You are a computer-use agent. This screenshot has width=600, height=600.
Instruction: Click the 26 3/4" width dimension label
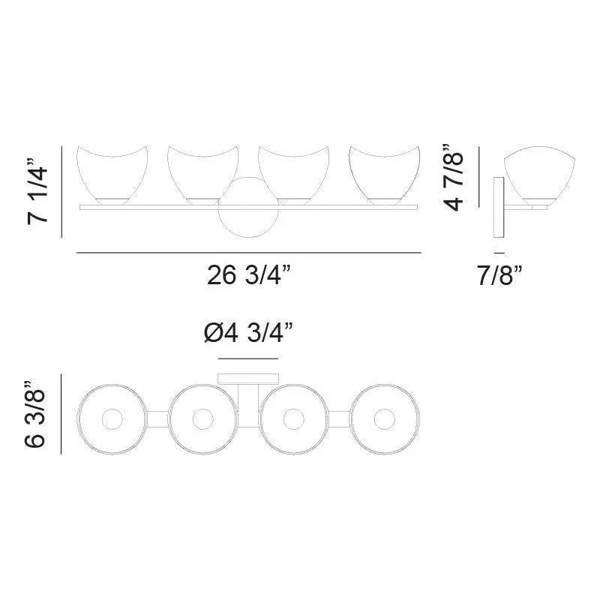pos(248,277)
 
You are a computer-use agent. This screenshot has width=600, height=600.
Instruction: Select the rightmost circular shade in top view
pos(385,418)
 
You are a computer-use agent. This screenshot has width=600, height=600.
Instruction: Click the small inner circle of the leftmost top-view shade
pos(112,418)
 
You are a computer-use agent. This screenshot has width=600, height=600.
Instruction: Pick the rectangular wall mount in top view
pos(248,379)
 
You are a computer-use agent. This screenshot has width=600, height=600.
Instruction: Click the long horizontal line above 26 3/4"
pos(248,253)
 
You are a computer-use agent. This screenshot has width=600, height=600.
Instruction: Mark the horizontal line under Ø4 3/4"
pos(248,359)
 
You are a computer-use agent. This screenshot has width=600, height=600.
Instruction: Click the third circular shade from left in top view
pos(294,418)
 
